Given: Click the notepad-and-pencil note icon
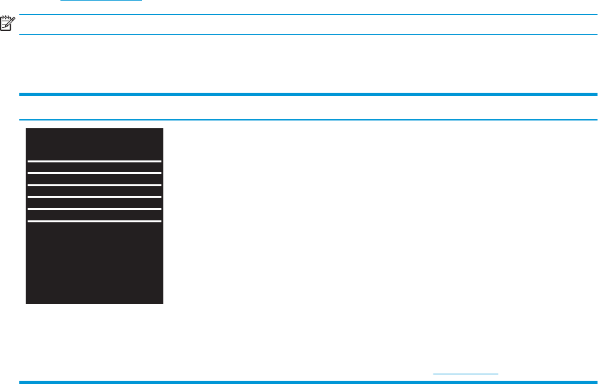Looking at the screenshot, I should (x=7, y=24).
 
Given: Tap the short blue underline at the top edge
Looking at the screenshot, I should (x=101, y=1).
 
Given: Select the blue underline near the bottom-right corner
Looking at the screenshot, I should (x=466, y=373).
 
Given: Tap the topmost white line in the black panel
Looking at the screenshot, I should (x=95, y=161).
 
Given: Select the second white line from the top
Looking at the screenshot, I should (x=95, y=173).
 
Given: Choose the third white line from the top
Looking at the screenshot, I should (x=95, y=185).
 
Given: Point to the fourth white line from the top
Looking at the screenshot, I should (x=95, y=197).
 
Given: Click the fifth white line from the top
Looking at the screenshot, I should (x=95, y=209).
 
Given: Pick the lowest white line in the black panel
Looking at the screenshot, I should (x=95, y=221).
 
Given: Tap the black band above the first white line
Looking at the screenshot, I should (x=95, y=144).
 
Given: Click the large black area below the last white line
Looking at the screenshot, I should (x=95, y=262).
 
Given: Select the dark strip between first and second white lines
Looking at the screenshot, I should (x=95, y=167).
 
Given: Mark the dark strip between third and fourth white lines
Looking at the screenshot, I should (x=95, y=191).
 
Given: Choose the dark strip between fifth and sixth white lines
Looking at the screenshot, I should (x=95, y=215).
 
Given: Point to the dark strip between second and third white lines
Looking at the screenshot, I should (x=95, y=179).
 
